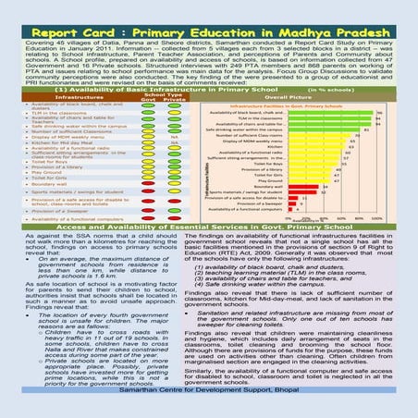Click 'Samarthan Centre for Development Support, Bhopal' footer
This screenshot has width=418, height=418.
[209, 406]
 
